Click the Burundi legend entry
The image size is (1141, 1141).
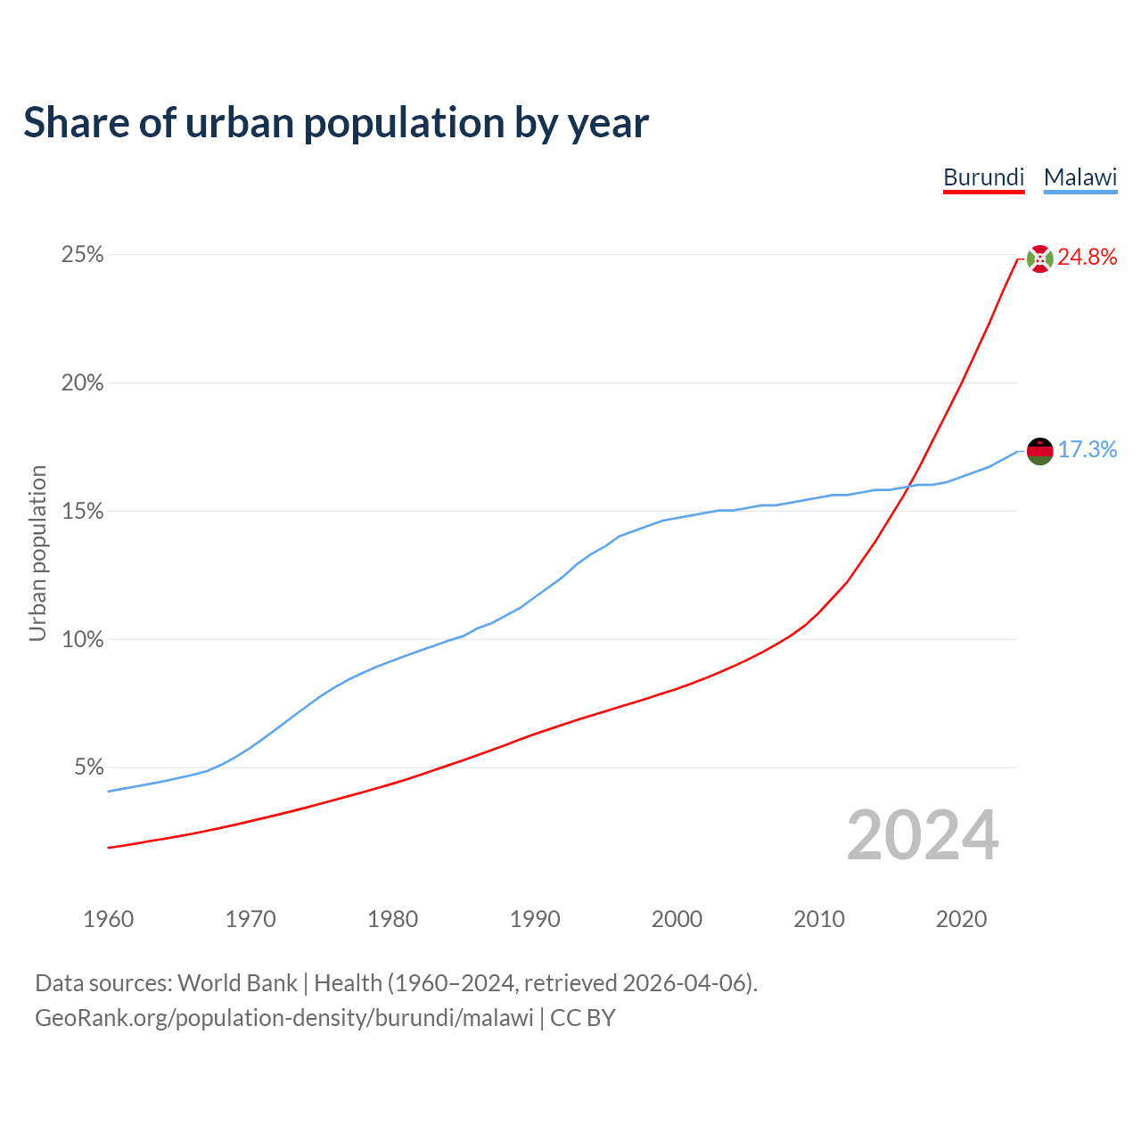[983, 177]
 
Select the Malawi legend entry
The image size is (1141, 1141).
[1080, 177]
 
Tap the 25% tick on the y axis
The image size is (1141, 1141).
[82, 255]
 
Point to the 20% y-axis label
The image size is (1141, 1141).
[82, 383]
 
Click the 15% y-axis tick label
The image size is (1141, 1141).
[82, 512]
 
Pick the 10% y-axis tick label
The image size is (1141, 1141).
[82, 640]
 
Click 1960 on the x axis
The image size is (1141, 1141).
[108, 919]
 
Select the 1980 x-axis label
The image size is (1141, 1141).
[392, 919]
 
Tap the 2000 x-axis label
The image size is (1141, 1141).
[677, 919]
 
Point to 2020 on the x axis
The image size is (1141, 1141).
[961, 919]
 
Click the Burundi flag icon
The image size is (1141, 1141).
[1039, 259]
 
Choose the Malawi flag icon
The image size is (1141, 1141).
[1039, 451]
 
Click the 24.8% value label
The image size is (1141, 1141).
[1087, 258]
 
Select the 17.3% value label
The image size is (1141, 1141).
[1087, 449]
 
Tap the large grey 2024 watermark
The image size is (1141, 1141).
[923, 835]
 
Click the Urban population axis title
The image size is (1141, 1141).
[37, 553]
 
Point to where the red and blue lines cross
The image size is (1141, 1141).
[908, 486]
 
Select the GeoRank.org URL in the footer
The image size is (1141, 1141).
[283, 1018]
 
